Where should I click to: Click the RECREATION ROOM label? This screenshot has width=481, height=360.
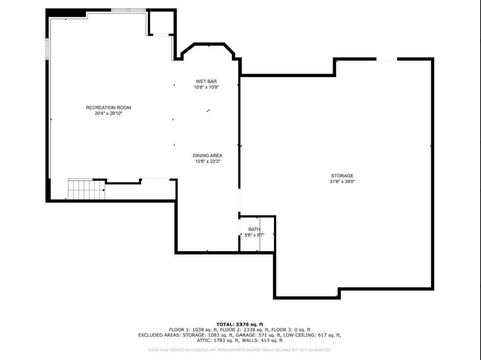[108, 108]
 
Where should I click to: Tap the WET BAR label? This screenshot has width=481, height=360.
[206, 81]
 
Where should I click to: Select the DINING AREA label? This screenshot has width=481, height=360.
[207, 155]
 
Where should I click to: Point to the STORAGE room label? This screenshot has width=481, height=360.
[342, 176]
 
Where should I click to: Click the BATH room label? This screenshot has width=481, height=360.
[254, 229]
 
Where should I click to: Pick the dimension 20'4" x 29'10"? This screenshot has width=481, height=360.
[108, 113]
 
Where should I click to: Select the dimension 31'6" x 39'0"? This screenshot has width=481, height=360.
[342, 181]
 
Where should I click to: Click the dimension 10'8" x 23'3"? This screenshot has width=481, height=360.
[207, 161]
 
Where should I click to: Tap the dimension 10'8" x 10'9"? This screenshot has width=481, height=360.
[206, 87]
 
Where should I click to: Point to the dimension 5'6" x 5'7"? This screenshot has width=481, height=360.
[254, 235]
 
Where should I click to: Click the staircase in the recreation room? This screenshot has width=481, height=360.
[86, 190]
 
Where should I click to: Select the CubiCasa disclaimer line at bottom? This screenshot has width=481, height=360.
[240, 350]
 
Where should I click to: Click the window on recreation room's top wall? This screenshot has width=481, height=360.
[128, 10]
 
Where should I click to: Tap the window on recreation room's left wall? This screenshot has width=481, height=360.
[47, 49]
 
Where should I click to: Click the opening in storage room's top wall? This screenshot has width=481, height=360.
[387, 59]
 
